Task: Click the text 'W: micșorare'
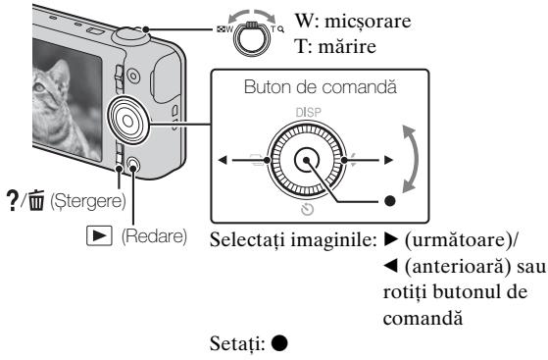coord(461,20)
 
